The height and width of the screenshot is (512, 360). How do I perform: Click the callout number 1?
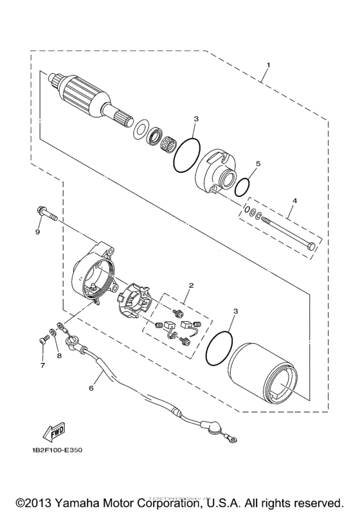[x=269, y=65]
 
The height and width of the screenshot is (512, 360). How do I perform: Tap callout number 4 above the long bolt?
[x=294, y=202]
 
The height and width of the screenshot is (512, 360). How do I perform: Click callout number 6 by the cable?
[x=91, y=388]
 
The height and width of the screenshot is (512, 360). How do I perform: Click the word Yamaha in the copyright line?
[x=85, y=499]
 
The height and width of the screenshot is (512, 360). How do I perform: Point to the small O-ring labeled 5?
[x=242, y=186]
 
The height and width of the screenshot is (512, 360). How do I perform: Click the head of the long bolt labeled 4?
[x=312, y=246]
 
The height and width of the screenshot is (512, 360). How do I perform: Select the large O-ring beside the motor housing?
[x=219, y=349]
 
